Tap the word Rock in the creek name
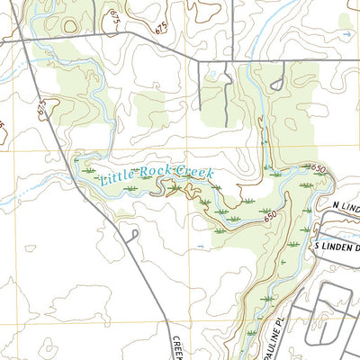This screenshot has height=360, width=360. [x=153, y=172]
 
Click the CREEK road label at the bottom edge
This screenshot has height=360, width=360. [x=176, y=347]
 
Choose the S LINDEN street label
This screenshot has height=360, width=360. [x=335, y=246]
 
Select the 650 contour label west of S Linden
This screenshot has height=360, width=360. [x=270, y=216]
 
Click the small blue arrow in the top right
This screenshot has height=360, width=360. [x=347, y=34]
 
